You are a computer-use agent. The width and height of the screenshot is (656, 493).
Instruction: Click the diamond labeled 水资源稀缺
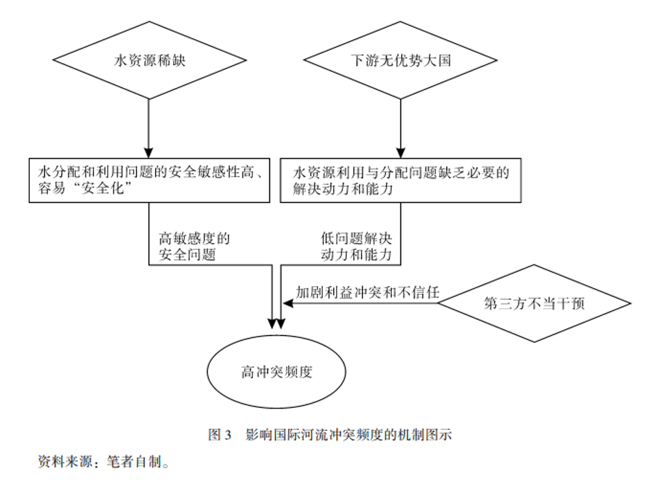tap(150, 61)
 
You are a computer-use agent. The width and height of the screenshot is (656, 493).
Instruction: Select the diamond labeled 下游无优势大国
tap(400, 61)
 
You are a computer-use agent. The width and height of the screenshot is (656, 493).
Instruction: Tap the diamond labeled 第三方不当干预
tap(535, 303)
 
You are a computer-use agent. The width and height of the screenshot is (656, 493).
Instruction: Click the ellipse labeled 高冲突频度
tap(276, 373)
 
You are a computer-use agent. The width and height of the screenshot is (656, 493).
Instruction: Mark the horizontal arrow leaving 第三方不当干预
tap(360, 303)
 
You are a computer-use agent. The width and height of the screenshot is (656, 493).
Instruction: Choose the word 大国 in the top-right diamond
tap(438, 61)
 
